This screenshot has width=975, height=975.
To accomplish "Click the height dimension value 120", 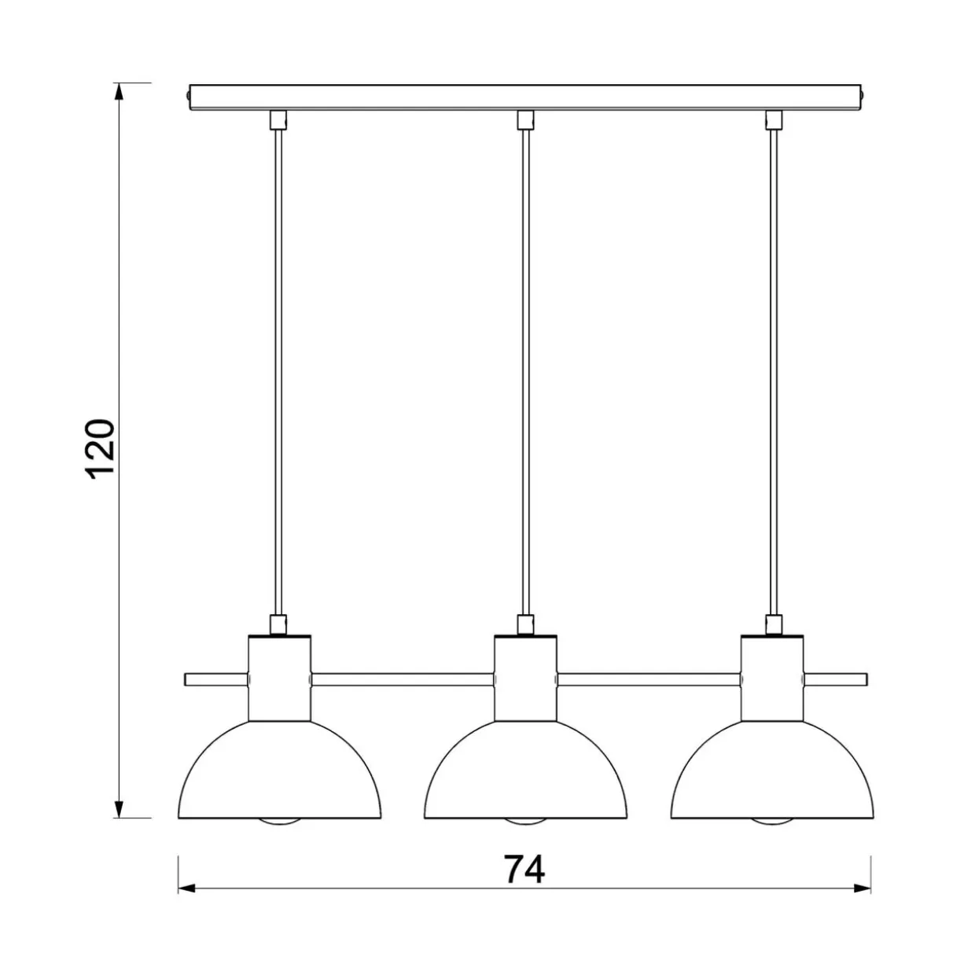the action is [99, 449].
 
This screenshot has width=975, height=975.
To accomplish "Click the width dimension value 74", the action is [524, 869].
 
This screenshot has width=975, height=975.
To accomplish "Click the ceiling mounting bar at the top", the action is [524, 97].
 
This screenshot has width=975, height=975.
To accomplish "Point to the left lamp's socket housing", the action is [279, 678].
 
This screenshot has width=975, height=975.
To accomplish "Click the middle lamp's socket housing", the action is [525, 678].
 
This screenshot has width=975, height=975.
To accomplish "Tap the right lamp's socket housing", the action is [771, 678].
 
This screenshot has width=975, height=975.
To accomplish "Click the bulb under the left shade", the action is [279, 822].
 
